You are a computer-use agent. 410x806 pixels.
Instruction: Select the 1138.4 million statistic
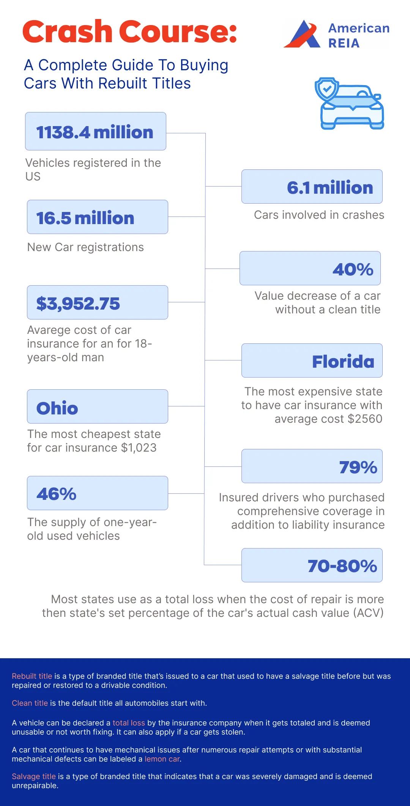click(x=95, y=132)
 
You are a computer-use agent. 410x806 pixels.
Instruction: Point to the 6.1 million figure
click(x=330, y=188)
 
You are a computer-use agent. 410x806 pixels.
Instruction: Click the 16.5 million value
click(x=85, y=218)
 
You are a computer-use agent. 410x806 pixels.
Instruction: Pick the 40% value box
click(x=353, y=269)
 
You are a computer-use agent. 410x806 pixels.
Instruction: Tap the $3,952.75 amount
click(x=78, y=303)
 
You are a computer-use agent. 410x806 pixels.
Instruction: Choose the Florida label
click(x=343, y=362)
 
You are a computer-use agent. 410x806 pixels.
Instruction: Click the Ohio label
click(x=57, y=408)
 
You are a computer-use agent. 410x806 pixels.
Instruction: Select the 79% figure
click(x=358, y=467)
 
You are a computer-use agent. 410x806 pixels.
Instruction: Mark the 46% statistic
click(x=57, y=494)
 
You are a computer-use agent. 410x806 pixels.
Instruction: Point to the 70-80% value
click(x=342, y=566)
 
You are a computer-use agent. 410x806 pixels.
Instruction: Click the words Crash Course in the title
click(x=129, y=32)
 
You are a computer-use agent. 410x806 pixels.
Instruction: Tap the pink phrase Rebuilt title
click(x=32, y=676)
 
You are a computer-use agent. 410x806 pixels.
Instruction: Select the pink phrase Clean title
click(x=30, y=703)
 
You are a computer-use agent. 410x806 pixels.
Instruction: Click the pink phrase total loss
click(x=129, y=723)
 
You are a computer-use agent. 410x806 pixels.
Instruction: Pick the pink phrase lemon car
click(x=162, y=759)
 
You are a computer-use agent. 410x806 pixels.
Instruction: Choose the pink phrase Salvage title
click(x=34, y=776)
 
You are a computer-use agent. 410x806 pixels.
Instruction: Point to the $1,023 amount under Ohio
click(x=139, y=448)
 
